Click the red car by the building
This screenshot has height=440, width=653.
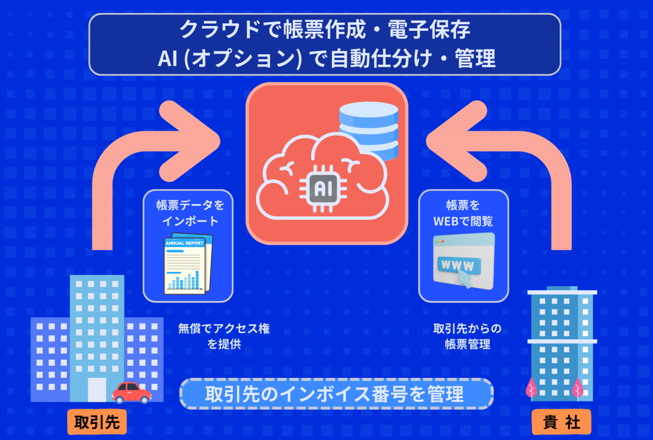pos(131,393)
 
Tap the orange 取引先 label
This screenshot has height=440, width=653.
pos(97,422)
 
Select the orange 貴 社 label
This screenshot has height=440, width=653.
pos(561,422)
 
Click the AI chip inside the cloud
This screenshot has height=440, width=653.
pos(323,189)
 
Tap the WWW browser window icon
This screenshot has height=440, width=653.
pos(463,261)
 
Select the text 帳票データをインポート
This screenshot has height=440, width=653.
pos(190,213)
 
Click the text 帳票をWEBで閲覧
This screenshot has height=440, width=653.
pos(463,213)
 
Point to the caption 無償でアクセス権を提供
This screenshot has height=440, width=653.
pos(224,336)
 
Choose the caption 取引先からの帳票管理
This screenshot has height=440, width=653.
pos(467,336)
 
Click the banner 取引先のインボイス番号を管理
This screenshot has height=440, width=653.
pos(336,394)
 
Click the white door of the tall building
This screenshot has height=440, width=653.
pos(97,389)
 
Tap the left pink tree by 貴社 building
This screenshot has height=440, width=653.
pos(531,387)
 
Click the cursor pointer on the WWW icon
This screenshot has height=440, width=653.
pos(465,280)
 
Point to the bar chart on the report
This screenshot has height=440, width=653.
pos(184,281)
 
